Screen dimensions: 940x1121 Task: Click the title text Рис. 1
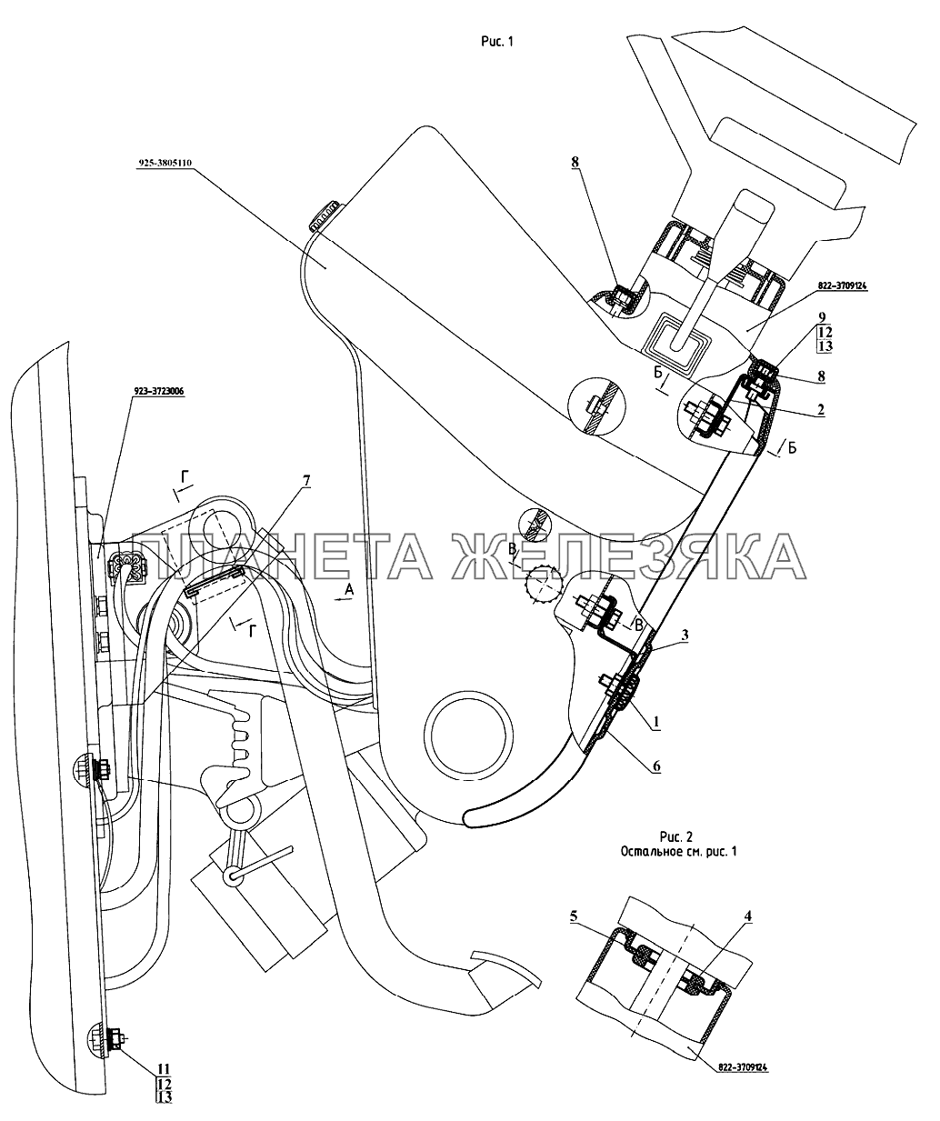point(496,41)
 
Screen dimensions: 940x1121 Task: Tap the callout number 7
point(306,481)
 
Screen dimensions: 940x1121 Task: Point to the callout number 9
point(822,317)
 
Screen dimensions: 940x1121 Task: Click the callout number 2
point(821,410)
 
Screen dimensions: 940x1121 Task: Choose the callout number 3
point(685,636)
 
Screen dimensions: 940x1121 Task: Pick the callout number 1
point(655,722)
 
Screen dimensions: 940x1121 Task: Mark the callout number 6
point(656,766)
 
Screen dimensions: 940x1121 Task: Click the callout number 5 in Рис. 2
point(574,916)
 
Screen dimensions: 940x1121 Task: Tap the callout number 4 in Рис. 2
point(747,916)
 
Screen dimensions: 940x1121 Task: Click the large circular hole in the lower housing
point(467,735)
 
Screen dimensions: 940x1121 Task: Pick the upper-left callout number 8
point(575,163)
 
